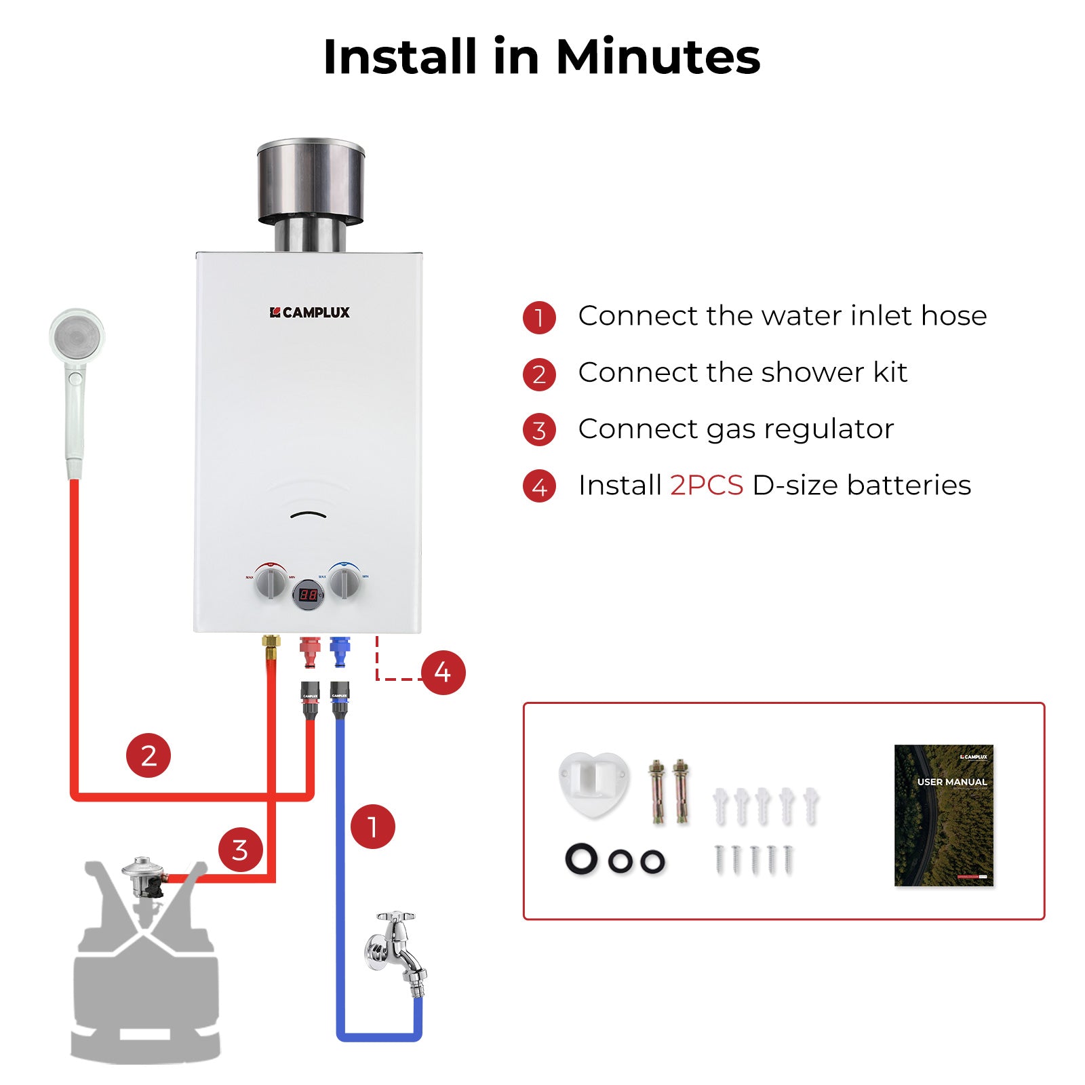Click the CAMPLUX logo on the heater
click(x=310, y=313)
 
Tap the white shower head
click(x=77, y=339)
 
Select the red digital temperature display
click(x=309, y=595)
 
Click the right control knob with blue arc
click(x=344, y=582)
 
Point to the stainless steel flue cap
click(x=311, y=183)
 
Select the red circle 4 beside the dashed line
click(x=443, y=672)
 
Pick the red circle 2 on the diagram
click(x=149, y=755)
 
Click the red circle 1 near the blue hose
click(x=372, y=827)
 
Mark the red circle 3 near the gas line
click(x=240, y=850)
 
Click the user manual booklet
click(x=944, y=815)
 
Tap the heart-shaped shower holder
click(x=593, y=783)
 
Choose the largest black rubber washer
click(x=582, y=859)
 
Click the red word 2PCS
click(x=707, y=486)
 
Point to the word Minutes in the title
click(x=658, y=56)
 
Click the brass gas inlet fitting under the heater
click(x=271, y=646)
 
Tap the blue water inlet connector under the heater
click(x=340, y=651)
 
